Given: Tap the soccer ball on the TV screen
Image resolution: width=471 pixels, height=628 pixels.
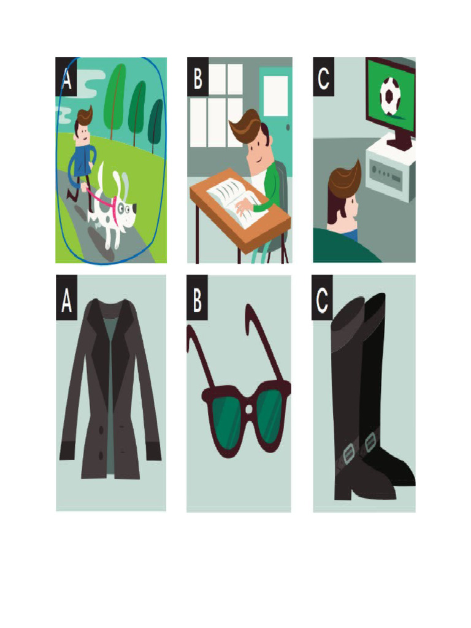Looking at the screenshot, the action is point(389,96).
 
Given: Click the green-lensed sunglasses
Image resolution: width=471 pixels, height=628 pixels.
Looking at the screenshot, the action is point(239,385).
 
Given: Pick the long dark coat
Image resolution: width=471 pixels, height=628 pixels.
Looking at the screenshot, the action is point(110,388).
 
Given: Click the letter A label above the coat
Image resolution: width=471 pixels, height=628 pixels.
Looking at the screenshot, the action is point(66,297).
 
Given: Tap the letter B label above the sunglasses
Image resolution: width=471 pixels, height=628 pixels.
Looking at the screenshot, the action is point(197,297).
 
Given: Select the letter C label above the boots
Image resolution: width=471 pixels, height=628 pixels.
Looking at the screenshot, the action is point(322,297).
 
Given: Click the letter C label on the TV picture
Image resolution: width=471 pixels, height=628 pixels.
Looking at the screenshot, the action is point(323,77).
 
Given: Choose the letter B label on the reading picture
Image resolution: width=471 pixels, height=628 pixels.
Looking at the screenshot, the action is point(198,77).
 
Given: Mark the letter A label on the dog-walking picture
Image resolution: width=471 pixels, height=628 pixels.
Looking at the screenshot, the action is point(66,77).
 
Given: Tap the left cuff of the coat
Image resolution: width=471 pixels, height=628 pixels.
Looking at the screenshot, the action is point(66,451).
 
